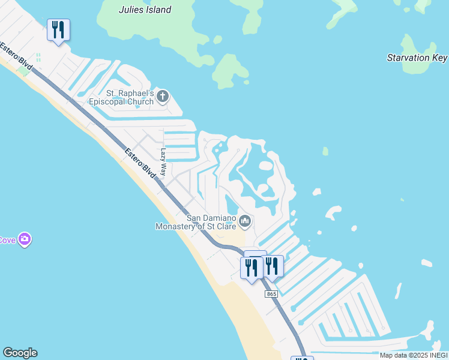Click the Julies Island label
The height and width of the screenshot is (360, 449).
coord(145,10)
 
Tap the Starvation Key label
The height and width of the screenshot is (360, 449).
coord(417,58)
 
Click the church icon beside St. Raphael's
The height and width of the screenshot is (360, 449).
coord(162,96)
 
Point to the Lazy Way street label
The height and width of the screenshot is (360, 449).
coord(163,162)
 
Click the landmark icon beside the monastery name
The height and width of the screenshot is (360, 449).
coord(244,222)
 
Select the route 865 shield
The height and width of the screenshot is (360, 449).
coord(271,293)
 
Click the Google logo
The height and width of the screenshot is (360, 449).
coord(20,353)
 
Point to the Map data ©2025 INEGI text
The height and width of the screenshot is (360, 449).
coord(414,355)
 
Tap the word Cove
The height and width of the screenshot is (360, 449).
coord(7,240)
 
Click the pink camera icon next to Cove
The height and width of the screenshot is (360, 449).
coord(25,240)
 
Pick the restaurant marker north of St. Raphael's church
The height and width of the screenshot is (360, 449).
coord(58,30)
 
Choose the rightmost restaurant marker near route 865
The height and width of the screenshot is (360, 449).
coord(272,266)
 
